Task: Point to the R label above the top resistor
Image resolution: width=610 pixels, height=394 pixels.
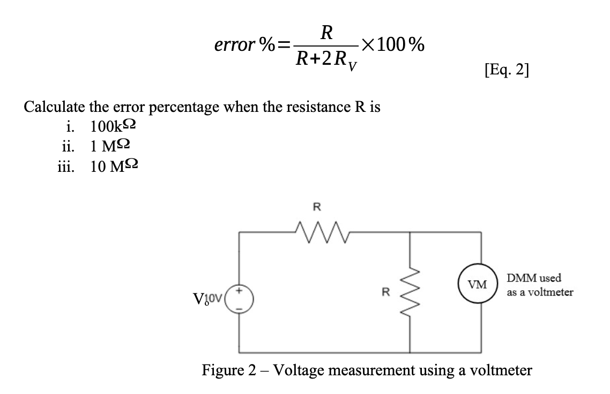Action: (317, 206)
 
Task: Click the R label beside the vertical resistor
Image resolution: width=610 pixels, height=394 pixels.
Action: (384, 293)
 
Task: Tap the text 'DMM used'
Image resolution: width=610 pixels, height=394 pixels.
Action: (534, 279)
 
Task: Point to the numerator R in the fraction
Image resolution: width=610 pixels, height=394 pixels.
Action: (325, 34)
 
